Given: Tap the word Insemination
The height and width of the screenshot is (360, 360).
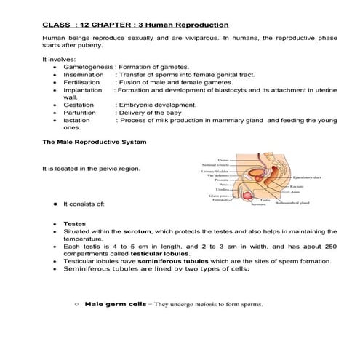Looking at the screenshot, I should [84, 75].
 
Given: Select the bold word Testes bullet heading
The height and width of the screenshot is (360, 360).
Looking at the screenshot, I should [73, 224].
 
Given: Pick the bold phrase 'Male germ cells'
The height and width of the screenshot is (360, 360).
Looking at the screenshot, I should [110, 303].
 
